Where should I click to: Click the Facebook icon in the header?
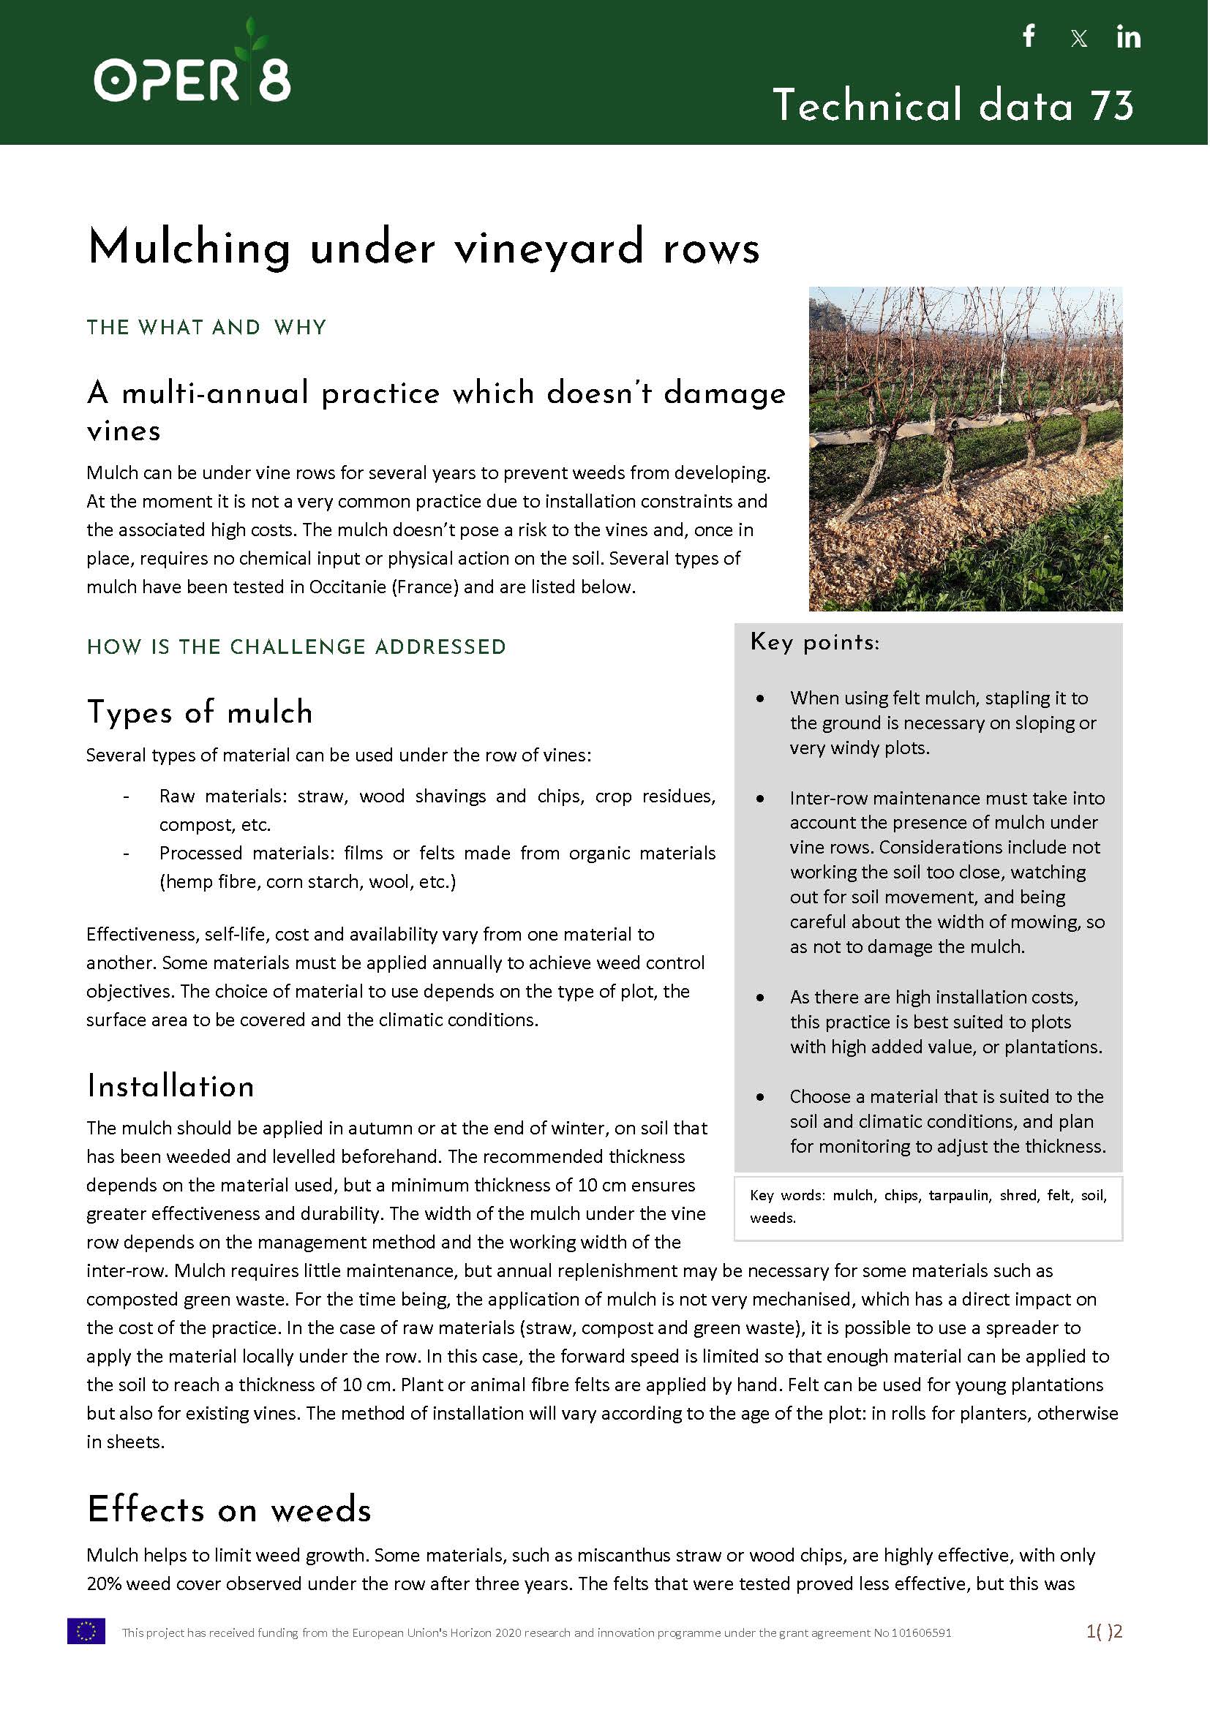(1029, 36)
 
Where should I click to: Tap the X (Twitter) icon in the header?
(1078, 38)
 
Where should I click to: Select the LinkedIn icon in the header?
(1128, 37)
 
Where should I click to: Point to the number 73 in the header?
(1112, 105)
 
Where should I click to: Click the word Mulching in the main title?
(189, 247)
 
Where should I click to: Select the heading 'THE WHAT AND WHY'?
(206, 328)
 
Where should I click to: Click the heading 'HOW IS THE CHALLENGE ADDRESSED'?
(296, 647)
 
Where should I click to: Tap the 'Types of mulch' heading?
(200, 712)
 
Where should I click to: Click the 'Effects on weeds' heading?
(229, 1510)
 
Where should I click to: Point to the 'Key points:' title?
(814, 642)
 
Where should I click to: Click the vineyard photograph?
(965, 448)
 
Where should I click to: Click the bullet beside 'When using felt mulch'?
(760, 698)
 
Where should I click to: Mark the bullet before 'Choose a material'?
(760, 1097)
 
